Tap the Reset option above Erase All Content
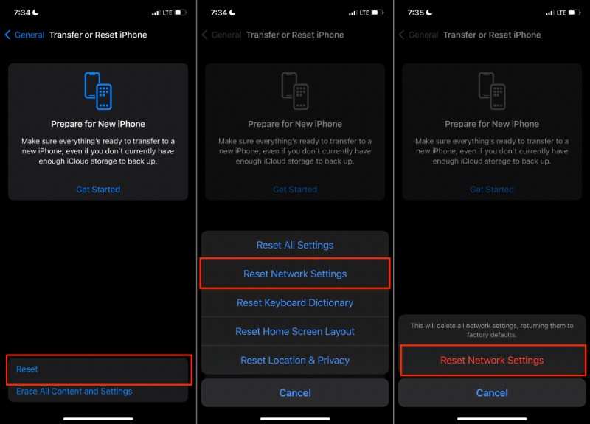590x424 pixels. pos(27,369)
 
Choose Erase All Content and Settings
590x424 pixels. pos(74,392)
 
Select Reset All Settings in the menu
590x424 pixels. pos(295,245)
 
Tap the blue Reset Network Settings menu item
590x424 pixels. pos(295,274)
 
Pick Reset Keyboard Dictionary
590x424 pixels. pos(295,302)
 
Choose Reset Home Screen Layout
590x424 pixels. pos(295,331)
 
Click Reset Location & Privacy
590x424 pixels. pos(295,360)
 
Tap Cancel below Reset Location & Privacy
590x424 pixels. pos(295,393)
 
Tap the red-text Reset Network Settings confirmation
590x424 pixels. pos(492,361)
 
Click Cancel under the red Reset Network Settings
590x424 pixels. pos(492,393)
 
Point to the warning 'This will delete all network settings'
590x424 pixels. pos(492,330)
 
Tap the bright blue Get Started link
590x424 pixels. pos(98,190)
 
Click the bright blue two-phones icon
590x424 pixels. pos(98,91)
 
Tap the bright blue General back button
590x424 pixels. pos(24,35)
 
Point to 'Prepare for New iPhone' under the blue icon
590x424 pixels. pos(98,124)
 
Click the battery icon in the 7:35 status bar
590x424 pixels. pos(574,13)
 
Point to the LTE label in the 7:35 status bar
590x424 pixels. pos(560,13)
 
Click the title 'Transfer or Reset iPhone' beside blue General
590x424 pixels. pos(98,35)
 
